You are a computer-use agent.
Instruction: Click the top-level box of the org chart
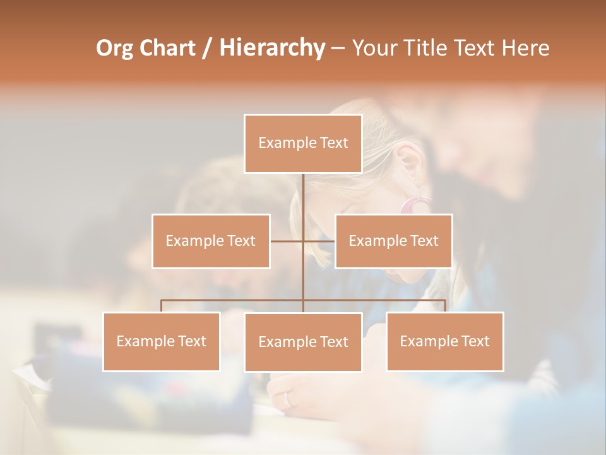point(303,143)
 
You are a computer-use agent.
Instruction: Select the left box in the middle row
point(211,241)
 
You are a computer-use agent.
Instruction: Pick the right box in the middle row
point(393,241)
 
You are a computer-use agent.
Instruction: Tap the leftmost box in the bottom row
point(162,341)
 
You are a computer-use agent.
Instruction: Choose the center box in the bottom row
point(303,342)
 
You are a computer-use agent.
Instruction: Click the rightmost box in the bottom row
point(445,341)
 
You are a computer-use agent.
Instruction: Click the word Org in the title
point(116,48)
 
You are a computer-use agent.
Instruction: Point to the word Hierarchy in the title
point(271,48)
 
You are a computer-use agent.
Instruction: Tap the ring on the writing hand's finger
point(288,399)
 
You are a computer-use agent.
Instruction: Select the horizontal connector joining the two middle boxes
point(287,241)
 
